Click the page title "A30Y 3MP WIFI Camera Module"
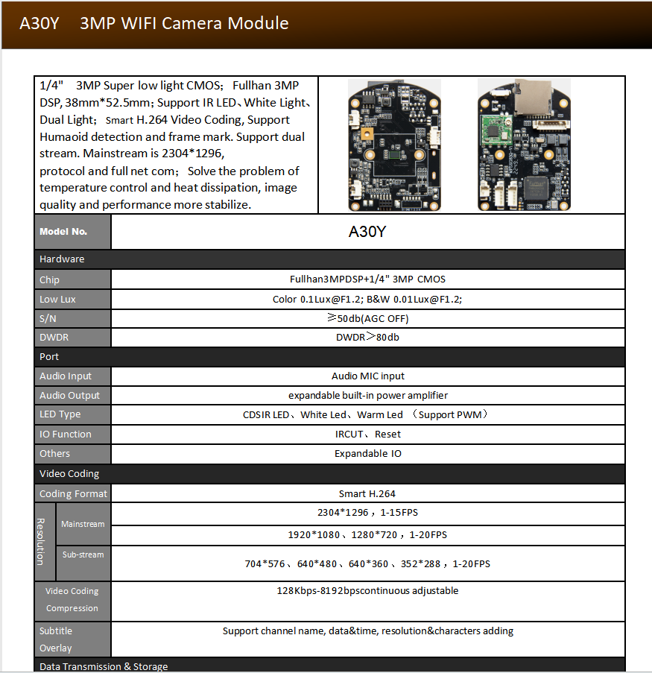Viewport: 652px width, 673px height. click(x=154, y=23)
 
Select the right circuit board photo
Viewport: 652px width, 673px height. click(x=519, y=145)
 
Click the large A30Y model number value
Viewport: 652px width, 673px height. click(x=367, y=232)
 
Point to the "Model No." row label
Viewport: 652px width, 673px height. click(x=63, y=232)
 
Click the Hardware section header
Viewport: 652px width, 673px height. click(x=62, y=259)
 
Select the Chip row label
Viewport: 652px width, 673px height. click(x=49, y=279)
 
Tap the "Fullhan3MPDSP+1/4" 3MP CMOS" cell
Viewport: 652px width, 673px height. click(x=367, y=279)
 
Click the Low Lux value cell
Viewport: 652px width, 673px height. click(x=367, y=299)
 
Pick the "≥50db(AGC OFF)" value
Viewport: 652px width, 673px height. click(x=367, y=318)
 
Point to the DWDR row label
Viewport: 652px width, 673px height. click(x=54, y=338)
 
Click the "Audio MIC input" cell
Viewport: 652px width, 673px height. click(x=367, y=376)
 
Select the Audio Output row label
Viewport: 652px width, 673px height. click(x=69, y=396)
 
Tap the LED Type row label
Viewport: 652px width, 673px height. click(x=60, y=414)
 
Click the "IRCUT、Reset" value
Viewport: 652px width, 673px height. click(x=367, y=434)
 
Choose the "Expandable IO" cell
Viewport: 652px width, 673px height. click(x=367, y=453)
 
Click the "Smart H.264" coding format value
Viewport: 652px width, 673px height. click(x=367, y=493)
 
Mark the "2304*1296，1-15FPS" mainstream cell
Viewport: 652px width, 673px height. click(x=367, y=513)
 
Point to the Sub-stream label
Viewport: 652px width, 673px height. click(x=83, y=555)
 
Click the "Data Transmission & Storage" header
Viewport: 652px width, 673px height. click(x=104, y=666)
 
